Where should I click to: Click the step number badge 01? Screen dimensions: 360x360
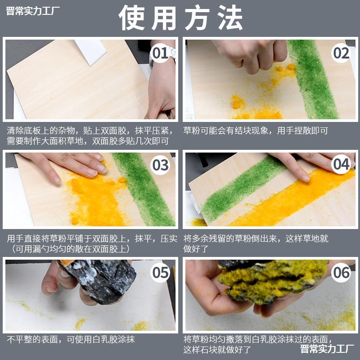click(160, 53)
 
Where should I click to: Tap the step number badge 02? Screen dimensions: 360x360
click(341, 53)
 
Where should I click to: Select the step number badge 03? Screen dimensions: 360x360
click(160, 165)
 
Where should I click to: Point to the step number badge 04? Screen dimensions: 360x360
click(341, 164)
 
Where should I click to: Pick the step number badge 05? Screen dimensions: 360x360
click(160, 273)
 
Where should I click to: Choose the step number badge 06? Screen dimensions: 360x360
click(341, 273)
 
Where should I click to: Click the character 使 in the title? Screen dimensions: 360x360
click(132, 18)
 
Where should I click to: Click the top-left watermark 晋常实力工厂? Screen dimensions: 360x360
click(32, 11)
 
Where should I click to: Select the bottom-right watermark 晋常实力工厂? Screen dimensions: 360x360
click(327, 349)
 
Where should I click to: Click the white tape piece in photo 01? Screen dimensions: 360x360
click(90, 52)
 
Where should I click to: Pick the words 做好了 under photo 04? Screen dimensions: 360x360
click(196, 249)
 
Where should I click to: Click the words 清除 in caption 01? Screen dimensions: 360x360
click(15, 130)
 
